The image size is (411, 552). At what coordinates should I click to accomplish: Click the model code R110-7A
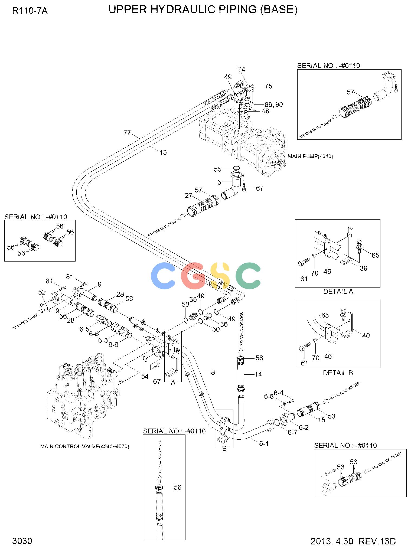click(30, 11)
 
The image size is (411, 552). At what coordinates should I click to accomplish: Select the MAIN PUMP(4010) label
click(311, 156)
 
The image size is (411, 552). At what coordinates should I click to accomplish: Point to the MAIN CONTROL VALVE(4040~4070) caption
click(85, 446)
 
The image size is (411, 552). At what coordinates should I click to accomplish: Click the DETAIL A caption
click(338, 292)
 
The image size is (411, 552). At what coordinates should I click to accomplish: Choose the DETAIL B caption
click(338, 373)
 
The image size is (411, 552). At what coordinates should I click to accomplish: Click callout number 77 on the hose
click(127, 133)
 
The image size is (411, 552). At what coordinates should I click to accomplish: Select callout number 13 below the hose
click(163, 153)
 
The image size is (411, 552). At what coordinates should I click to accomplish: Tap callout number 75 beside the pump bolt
click(268, 86)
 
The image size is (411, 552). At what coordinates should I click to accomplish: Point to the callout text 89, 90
click(274, 104)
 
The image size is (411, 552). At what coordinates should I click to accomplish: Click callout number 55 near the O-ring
click(218, 169)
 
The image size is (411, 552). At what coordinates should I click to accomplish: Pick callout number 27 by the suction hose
click(189, 195)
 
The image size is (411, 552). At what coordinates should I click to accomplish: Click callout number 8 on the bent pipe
click(213, 372)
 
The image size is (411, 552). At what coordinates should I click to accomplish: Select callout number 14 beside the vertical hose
click(258, 374)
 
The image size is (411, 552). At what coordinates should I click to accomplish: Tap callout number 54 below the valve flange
click(145, 376)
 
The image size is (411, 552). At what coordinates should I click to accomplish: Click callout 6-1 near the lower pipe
click(264, 443)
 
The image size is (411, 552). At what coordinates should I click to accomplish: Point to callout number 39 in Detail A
click(363, 268)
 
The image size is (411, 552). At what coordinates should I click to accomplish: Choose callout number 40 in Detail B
click(366, 336)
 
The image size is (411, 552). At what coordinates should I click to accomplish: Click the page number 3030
click(22, 541)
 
